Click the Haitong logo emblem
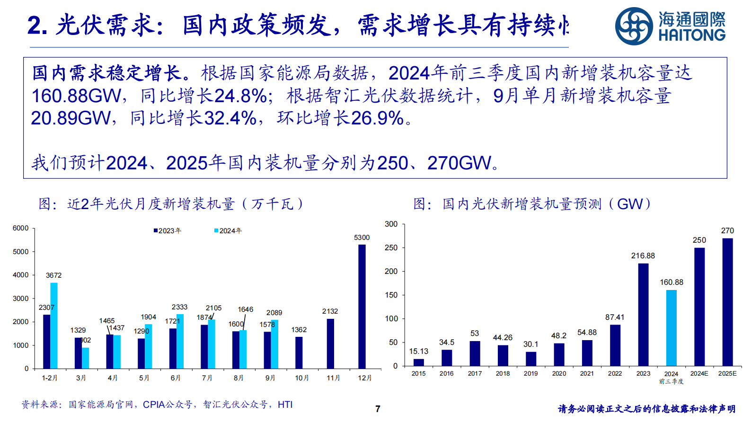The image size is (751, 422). point(634,26)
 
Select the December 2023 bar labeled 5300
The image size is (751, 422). point(362,307)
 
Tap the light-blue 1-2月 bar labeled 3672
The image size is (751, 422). point(54,325)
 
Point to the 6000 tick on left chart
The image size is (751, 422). point(20,228)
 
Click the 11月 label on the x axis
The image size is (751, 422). point(333,378)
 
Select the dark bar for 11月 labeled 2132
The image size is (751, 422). point(330,343)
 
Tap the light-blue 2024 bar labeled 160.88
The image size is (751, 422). point(671,328)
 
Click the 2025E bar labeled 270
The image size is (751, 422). point(727,302)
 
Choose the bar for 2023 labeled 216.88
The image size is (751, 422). point(643,315)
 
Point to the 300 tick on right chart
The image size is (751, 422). point(391,224)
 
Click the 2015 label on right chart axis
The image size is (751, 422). point(418,373)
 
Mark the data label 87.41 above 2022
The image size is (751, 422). point(615,317)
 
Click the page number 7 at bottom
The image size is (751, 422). point(378,409)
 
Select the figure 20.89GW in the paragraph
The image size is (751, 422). point(71,118)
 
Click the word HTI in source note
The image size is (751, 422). point(285,404)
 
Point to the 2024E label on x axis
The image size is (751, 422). point(699,373)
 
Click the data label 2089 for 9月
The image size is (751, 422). point(274,313)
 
